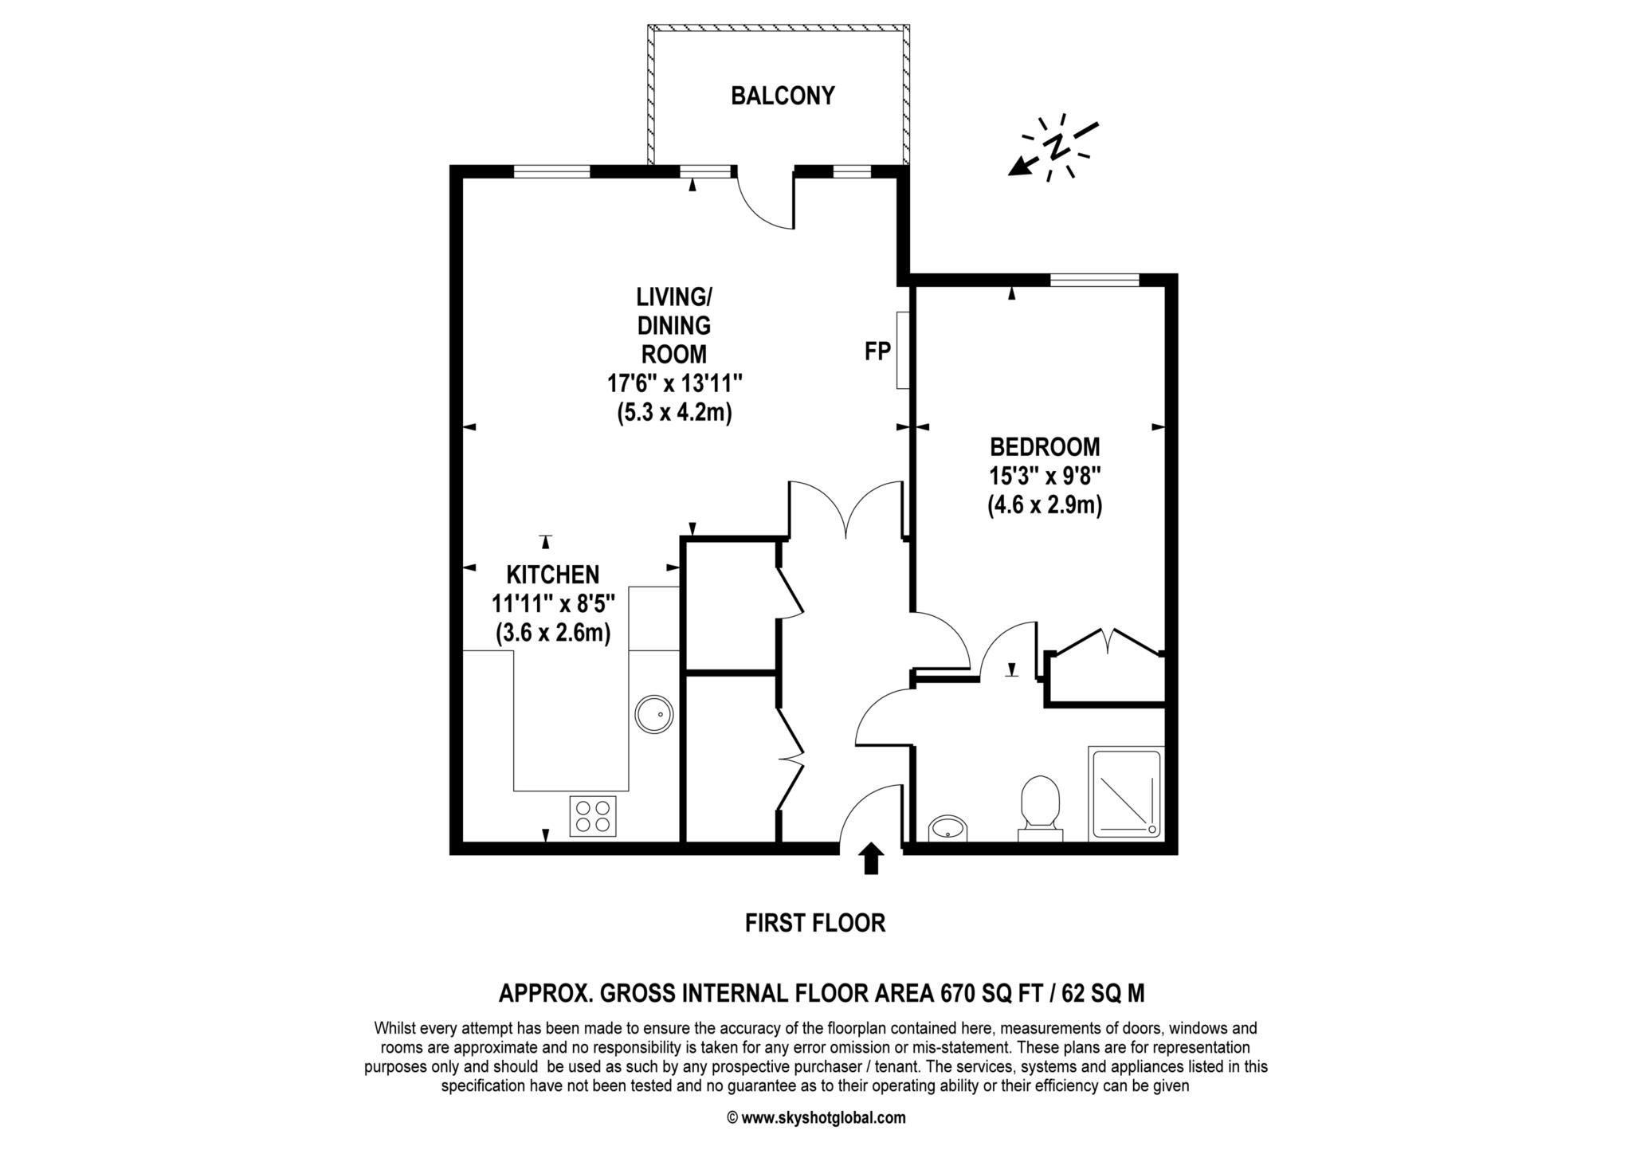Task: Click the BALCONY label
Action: pyautogui.click(x=783, y=96)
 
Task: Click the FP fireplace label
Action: pyautogui.click(x=877, y=351)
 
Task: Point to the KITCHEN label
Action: pyautogui.click(x=553, y=575)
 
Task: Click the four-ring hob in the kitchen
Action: pyautogui.click(x=593, y=816)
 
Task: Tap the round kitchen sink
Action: pyautogui.click(x=655, y=714)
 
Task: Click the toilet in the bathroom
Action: pyautogui.click(x=1040, y=806)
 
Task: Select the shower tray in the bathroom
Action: pyautogui.click(x=1125, y=793)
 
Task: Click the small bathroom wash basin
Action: pyautogui.click(x=947, y=828)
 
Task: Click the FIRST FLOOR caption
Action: pyautogui.click(x=814, y=924)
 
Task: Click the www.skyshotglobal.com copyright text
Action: pyautogui.click(x=816, y=1117)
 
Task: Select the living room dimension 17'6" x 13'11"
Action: pyautogui.click(x=675, y=384)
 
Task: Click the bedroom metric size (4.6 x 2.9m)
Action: pyautogui.click(x=1045, y=505)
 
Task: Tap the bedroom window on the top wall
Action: pyautogui.click(x=1094, y=280)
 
